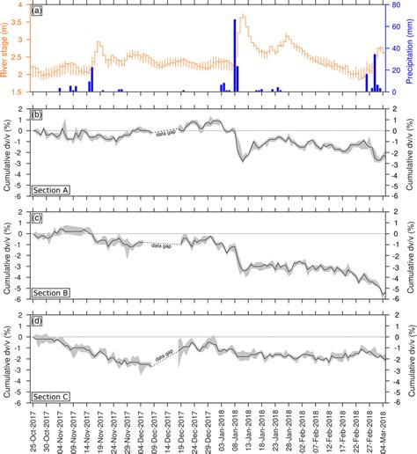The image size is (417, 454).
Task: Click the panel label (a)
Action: pos(36,11)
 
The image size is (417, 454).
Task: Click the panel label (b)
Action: pos(36,116)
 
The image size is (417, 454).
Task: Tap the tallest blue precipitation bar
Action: pos(234,55)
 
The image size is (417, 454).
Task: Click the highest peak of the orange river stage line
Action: pos(243,16)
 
